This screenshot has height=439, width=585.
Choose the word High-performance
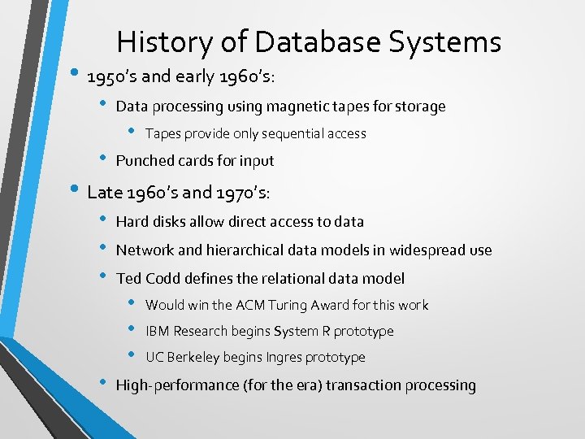tap(177, 385)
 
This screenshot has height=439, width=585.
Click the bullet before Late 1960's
tap(73, 192)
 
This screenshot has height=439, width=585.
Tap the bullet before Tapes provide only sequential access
tap(132, 133)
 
